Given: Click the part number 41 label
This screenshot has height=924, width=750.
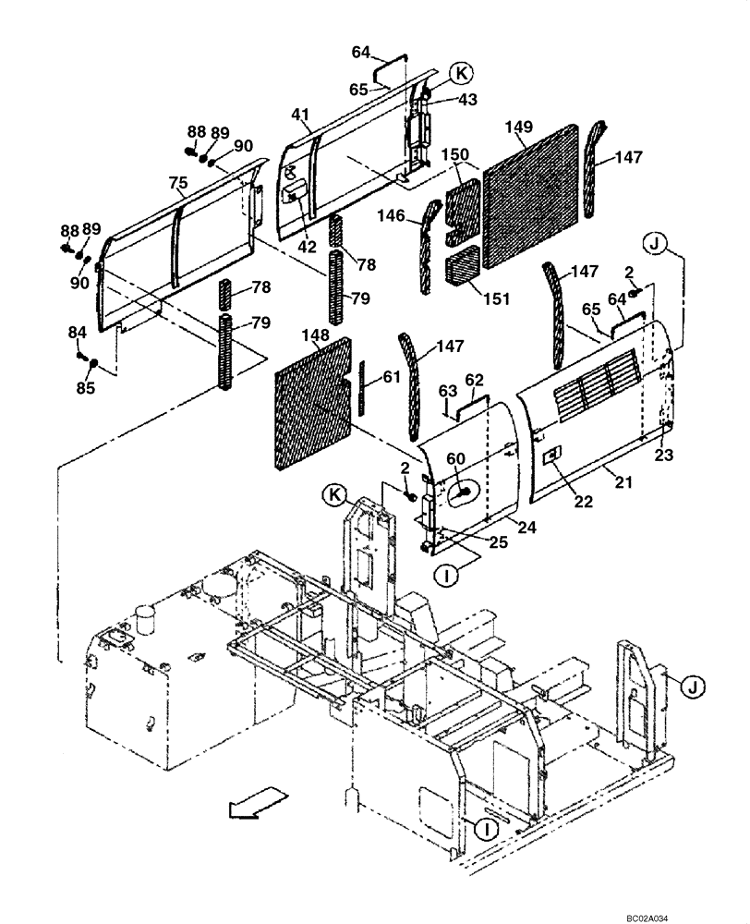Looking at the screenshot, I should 299,114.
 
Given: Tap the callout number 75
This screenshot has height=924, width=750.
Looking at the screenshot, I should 179,182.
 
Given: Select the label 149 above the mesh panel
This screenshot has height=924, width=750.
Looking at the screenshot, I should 520,127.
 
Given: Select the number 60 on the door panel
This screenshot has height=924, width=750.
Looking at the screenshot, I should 456,458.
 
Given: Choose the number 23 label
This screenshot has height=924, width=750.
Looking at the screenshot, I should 665,454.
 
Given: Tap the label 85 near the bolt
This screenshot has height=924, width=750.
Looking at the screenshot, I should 85,388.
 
